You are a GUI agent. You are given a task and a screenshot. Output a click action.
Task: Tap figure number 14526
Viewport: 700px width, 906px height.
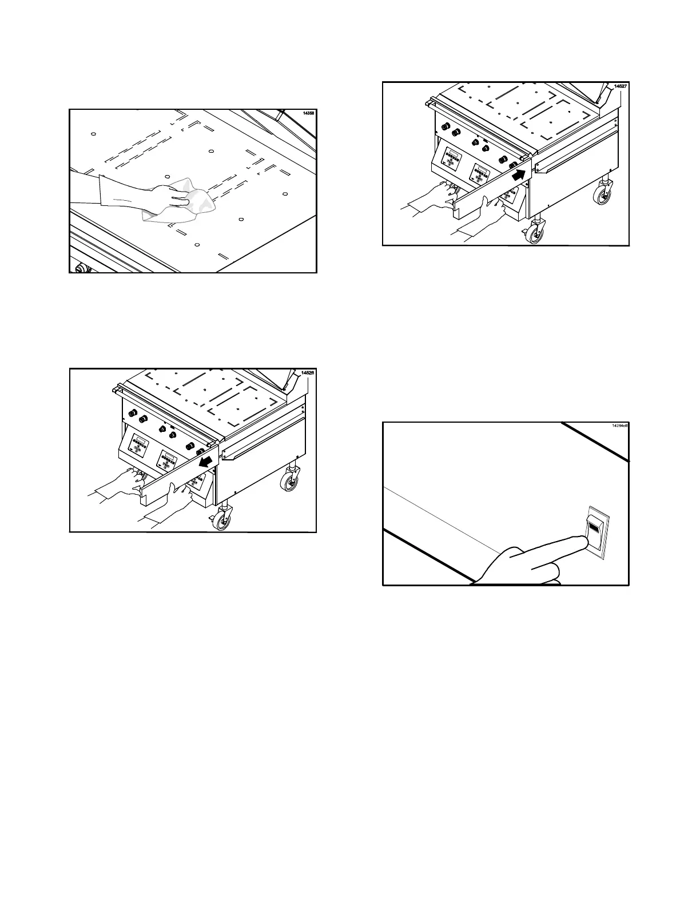click(307, 373)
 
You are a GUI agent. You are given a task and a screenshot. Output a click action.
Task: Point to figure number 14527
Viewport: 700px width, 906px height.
click(620, 86)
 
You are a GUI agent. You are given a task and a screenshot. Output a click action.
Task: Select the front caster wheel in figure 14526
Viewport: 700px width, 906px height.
click(222, 521)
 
